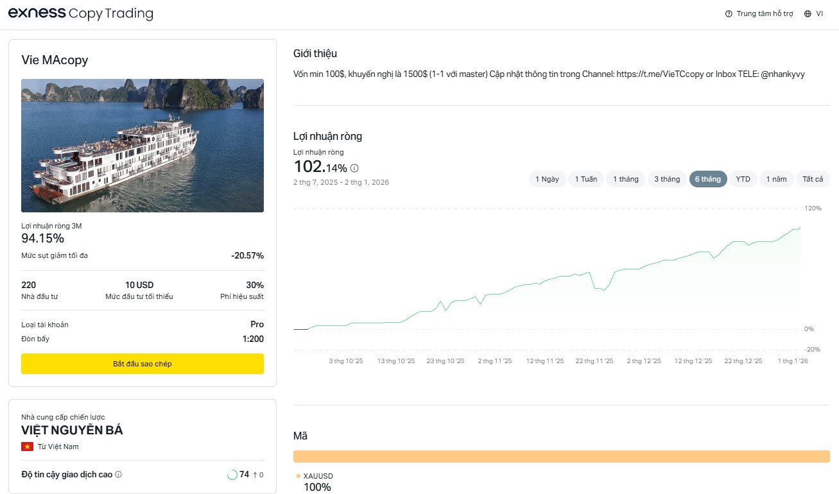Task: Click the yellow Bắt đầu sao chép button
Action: pos(142,364)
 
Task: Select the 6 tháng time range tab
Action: pos(707,179)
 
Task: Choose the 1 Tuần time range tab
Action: pos(585,179)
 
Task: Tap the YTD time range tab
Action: pos(743,179)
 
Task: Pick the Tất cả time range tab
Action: pos(813,179)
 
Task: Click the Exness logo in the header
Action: pos(36,13)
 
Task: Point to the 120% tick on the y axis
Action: pos(813,209)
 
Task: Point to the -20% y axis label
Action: pos(812,350)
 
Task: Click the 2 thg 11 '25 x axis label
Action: pos(494,361)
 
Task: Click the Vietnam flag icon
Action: pos(28,447)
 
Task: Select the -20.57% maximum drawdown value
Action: pos(247,256)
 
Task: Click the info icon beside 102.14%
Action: pos(354,168)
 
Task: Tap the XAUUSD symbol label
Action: pos(318,476)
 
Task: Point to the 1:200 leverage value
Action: pos(253,339)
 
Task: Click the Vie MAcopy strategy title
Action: pos(55,60)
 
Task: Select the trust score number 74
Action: pos(244,475)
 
